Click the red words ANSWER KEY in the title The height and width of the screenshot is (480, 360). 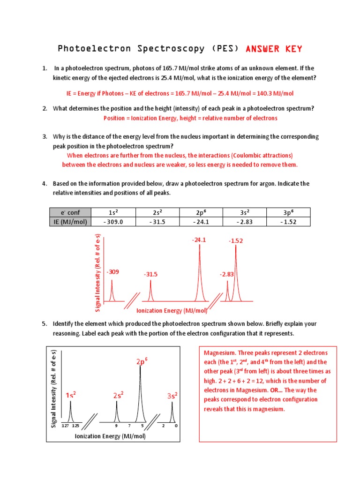(274, 49)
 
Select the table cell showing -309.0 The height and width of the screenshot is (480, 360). (112, 222)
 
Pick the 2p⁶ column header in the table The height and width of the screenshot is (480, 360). (200, 212)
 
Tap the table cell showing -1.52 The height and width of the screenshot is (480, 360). (288, 222)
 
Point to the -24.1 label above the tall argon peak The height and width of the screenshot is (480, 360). (199, 240)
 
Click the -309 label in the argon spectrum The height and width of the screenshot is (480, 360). (112, 272)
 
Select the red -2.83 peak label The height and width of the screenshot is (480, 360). (226, 274)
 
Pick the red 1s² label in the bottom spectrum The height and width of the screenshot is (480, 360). (71, 395)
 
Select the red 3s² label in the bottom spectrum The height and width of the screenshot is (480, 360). (172, 396)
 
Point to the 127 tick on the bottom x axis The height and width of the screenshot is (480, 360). (65, 426)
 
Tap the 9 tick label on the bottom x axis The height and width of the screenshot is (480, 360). (116, 426)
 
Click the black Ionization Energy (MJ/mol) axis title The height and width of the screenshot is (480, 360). (110, 436)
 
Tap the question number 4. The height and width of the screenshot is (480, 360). (45, 184)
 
